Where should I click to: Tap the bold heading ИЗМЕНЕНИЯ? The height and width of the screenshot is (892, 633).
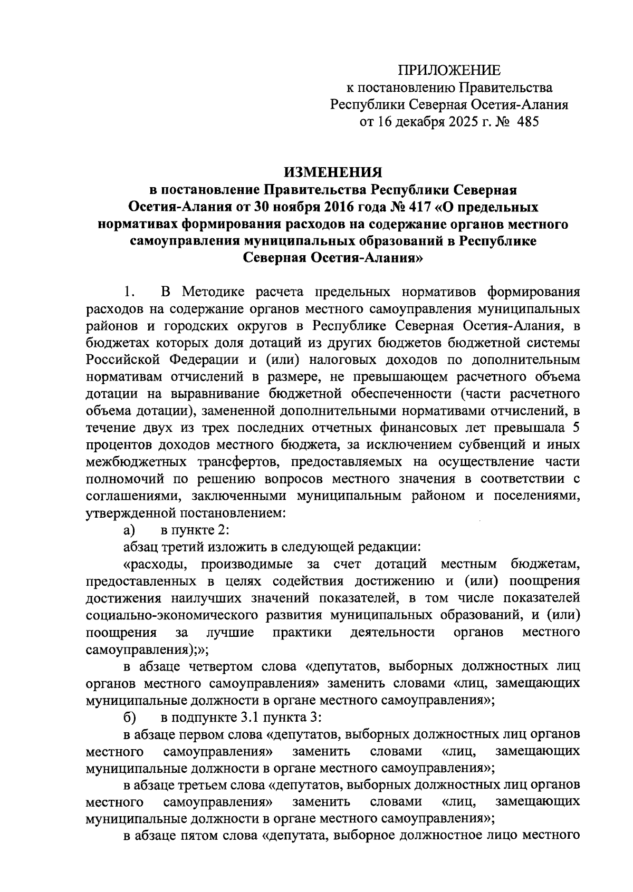pyautogui.click(x=333, y=172)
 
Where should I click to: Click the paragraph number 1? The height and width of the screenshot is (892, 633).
pyautogui.click(x=129, y=292)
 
